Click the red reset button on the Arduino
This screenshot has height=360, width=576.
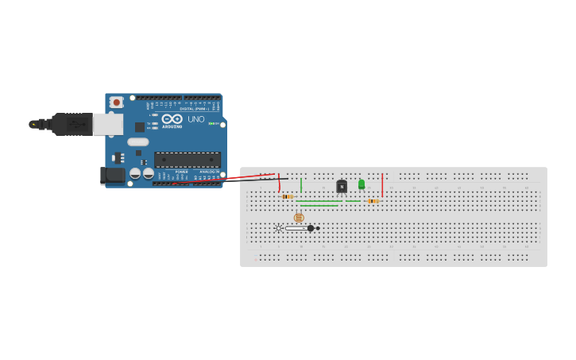117,102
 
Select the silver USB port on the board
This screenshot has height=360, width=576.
108,124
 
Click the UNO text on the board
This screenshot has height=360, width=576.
195,119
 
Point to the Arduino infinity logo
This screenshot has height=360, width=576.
172,119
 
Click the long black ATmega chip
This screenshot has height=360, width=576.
187,159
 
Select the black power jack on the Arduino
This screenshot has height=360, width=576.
113,175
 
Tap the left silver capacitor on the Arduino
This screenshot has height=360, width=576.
135,172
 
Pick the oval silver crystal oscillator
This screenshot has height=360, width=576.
138,142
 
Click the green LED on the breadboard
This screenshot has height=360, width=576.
361,184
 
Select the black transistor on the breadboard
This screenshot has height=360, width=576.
342,187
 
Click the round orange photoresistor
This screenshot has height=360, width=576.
299,217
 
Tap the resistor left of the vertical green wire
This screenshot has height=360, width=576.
288,196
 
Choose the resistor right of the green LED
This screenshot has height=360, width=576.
372,201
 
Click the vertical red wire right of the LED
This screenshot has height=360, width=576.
382,185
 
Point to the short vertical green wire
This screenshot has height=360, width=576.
301,185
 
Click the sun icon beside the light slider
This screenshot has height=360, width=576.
278,228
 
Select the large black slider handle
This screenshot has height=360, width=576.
311,228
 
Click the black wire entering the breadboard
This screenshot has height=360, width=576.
254,180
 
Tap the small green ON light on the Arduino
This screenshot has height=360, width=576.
212,123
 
